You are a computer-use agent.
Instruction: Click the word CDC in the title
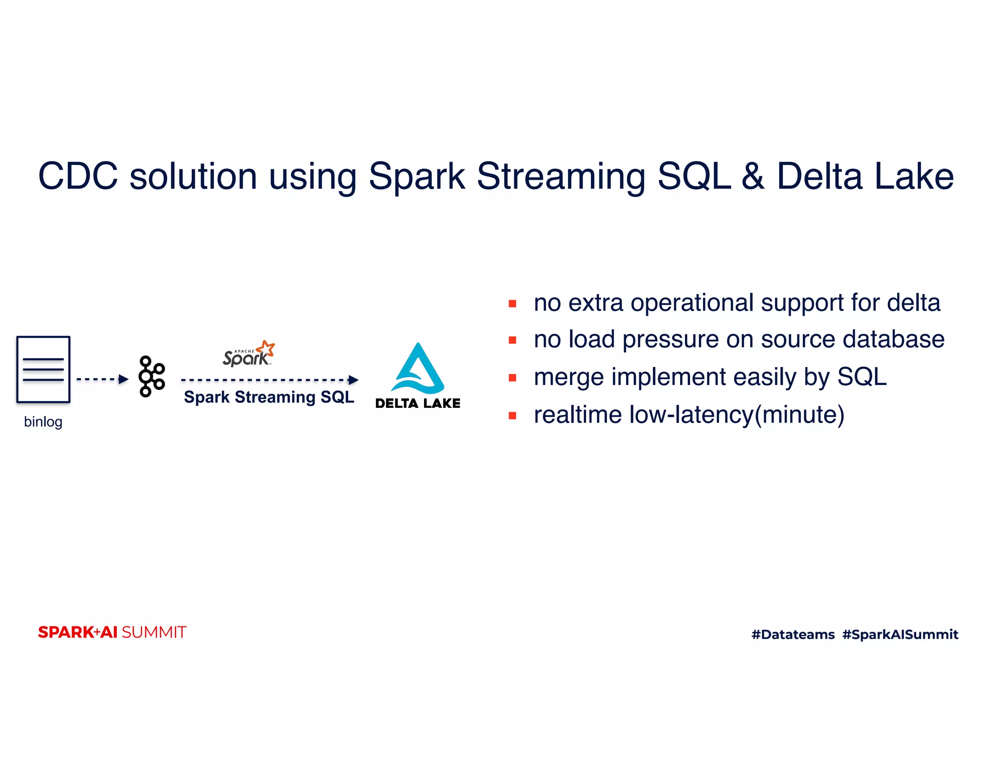point(78,176)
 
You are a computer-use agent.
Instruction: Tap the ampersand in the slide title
point(753,176)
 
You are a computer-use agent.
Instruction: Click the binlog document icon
point(43,369)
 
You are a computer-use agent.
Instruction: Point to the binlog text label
point(43,422)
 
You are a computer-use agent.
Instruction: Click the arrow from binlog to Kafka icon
point(102,379)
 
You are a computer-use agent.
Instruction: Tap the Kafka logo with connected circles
point(151,376)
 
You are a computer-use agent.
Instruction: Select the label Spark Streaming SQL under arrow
point(269,397)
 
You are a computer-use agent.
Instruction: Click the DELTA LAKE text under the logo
point(418,403)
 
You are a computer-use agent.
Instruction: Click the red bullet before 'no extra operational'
point(512,304)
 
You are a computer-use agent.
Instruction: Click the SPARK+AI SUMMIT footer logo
point(112,632)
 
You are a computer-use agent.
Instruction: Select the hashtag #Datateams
point(793,634)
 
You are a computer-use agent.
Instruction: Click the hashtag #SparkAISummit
point(900,634)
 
